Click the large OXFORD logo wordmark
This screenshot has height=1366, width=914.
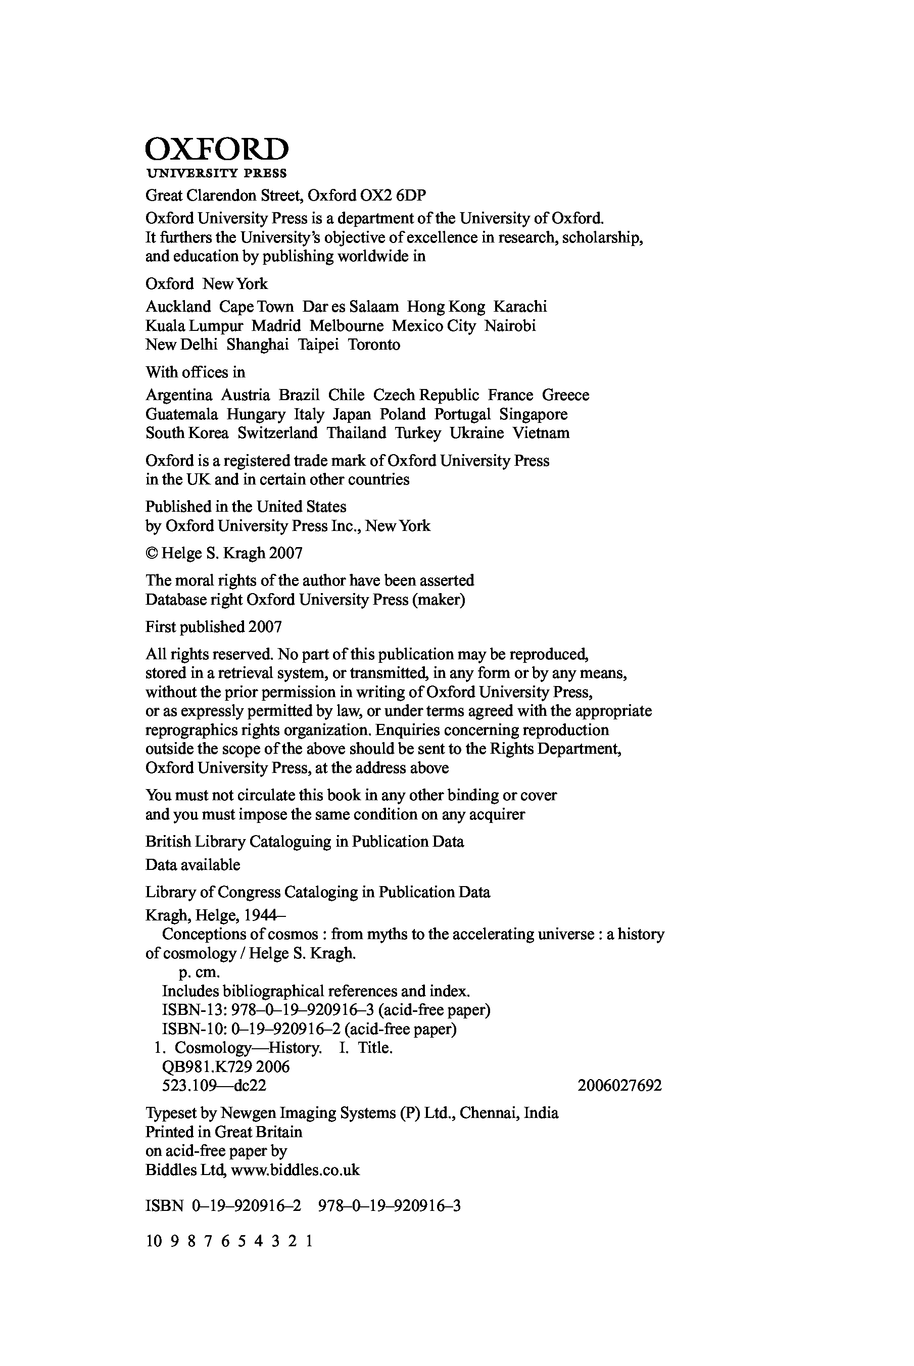click(216, 149)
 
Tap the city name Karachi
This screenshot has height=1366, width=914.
click(520, 307)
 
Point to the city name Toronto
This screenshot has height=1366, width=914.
click(374, 345)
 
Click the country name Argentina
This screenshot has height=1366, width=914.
click(179, 395)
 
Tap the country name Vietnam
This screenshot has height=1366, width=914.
click(541, 433)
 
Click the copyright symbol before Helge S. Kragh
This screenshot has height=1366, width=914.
click(151, 554)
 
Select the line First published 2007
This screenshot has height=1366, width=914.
click(213, 627)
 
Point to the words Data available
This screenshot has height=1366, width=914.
click(193, 865)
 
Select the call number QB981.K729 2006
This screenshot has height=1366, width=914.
click(225, 1067)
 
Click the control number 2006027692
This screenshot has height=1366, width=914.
click(619, 1086)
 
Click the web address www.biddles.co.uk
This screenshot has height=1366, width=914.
click(296, 1170)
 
